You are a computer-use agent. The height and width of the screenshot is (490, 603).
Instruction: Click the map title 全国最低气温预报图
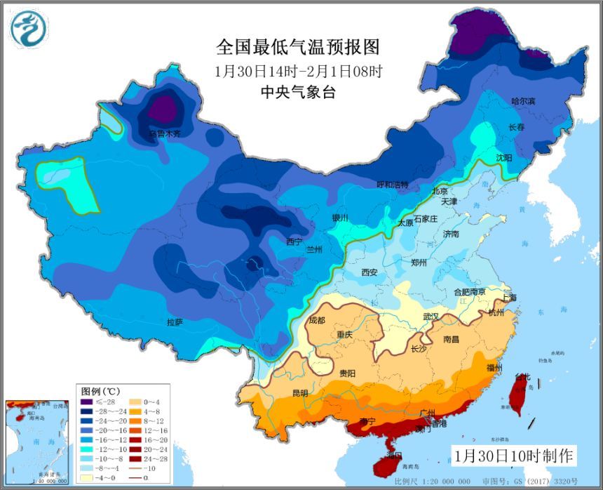298,47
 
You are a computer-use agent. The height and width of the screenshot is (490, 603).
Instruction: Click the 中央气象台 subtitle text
298,91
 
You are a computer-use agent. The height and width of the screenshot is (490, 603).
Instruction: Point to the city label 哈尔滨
523,102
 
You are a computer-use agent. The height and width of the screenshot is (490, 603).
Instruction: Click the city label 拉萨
175,322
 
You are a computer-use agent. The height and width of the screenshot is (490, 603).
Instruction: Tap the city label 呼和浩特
392,185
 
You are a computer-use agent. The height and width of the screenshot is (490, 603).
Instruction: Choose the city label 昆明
299,393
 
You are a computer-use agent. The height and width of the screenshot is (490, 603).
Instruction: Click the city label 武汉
432,317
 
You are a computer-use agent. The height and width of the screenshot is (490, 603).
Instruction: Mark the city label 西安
370,272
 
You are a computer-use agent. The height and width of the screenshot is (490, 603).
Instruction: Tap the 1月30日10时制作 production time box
513,455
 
